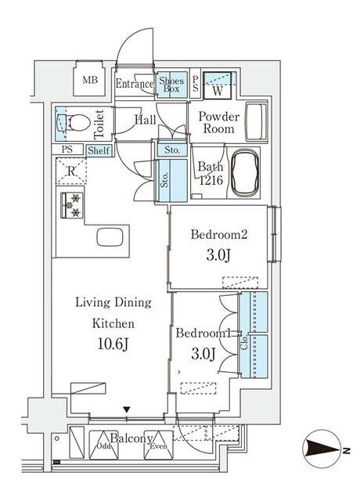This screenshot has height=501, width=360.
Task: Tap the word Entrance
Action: (x=135, y=84)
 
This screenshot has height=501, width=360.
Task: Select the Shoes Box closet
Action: (x=171, y=85)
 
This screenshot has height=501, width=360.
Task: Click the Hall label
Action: (x=146, y=119)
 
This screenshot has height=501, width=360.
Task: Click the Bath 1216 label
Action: (x=211, y=173)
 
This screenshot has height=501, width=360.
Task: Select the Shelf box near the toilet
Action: (x=99, y=150)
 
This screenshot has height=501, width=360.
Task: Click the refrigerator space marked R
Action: (x=71, y=171)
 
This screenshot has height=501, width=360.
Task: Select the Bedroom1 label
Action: (x=201, y=333)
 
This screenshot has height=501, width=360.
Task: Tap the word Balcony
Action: (x=131, y=438)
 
